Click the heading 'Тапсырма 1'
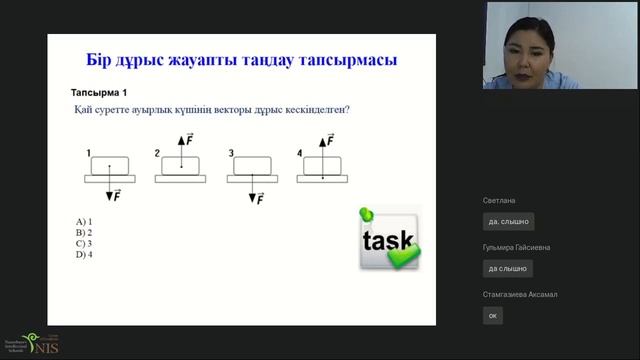[x=97, y=91]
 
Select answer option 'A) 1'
[x=84, y=221]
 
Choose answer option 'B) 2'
[x=84, y=232]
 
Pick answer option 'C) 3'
[x=84, y=243]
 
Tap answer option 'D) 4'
[x=84, y=254]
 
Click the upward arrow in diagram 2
[x=181, y=150]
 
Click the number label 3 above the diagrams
[x=231, y=153]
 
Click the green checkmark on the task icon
[x=403, y=258]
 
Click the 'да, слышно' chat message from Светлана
[x=508, y=221]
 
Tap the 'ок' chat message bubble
[x=492, y=315]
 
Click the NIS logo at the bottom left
[x=38, y=343]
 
